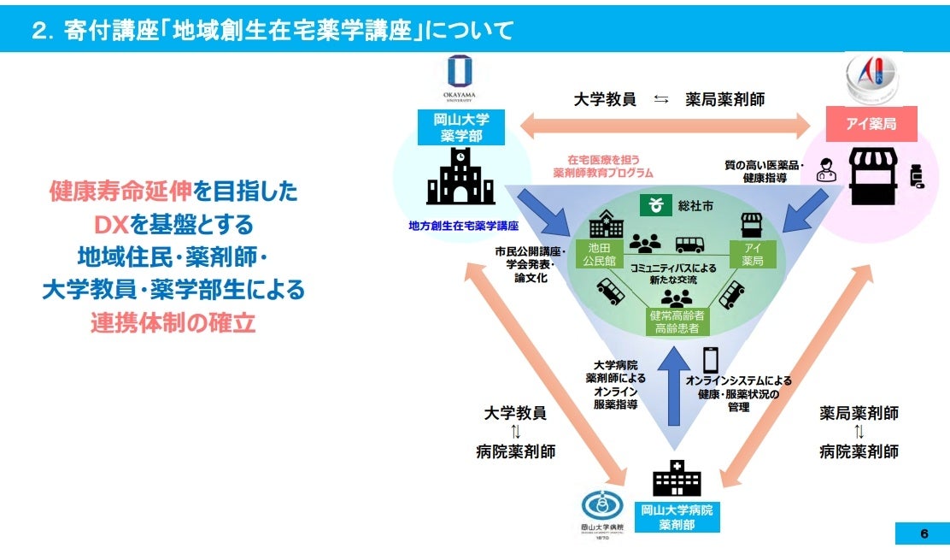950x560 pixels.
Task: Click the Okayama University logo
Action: [460, 78]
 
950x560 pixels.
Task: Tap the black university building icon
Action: [460, 179]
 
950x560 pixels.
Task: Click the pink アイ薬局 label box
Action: [871, 124]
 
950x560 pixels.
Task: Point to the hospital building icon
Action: [677, 479]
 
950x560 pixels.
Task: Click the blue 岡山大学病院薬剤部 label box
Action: [677, 517]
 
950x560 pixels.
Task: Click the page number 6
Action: [924, 534]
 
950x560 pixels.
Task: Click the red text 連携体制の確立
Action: [173, 325]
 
